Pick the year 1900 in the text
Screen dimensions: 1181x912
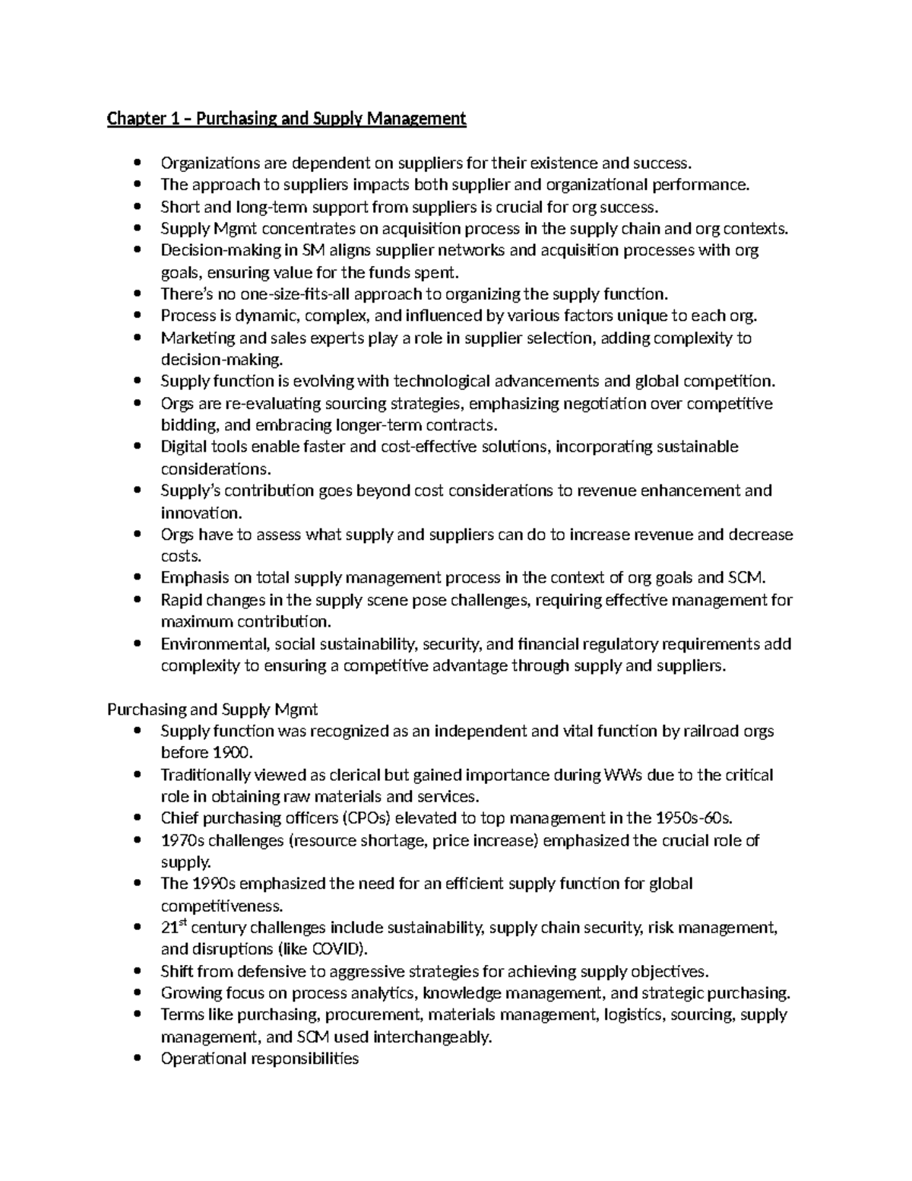tap(230, 753)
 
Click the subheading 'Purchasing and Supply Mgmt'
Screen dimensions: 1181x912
tap(212, 710)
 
